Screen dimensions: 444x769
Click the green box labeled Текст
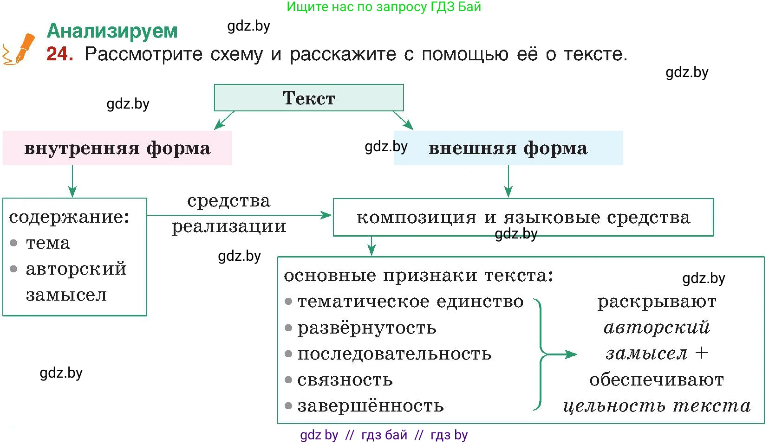tap(309, 98)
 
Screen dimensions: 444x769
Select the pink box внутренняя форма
tap(117, 148)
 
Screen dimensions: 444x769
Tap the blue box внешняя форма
tap(508, 148)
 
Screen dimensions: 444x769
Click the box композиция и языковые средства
tap(523, 217)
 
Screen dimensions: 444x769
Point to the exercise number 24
tap(59, 54)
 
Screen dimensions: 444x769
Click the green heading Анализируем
tap(112, 31)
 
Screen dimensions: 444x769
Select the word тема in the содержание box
tap(48, 243)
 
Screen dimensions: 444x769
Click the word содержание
tap(69, 217)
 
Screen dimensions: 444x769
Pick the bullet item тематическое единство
tap(410, 302)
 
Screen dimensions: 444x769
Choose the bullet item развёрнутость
tap(366, 328)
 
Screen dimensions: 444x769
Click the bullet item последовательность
tap(394, 354)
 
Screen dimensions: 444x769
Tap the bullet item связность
tap(345, 380)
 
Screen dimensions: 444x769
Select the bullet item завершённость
tap(370, 406)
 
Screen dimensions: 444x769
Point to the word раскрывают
tap(657, 302)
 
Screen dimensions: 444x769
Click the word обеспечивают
tap(656, 380)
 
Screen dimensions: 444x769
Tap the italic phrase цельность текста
tap(657, 406)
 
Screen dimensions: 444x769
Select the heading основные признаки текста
tap(418, 276)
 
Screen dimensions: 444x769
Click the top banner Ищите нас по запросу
tap(384, 7)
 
